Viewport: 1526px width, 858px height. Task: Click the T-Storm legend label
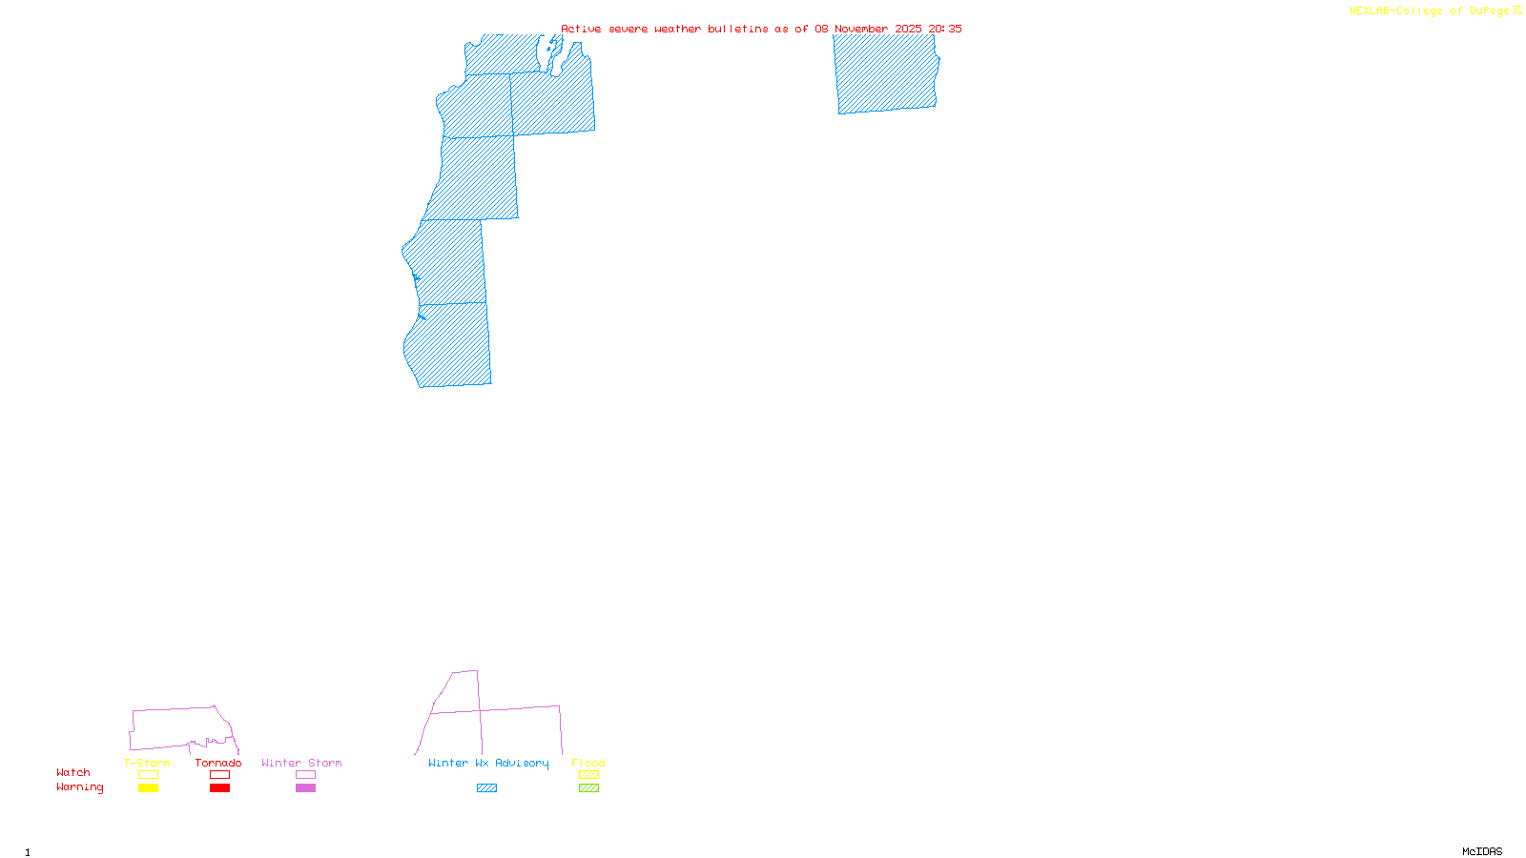(147, 763)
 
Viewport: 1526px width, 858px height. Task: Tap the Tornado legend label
(218, 763)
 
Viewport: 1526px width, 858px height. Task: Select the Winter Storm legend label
(301, 763)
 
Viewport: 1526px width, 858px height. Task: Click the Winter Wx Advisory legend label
(488, 763)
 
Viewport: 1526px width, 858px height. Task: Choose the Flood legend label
(588, 763)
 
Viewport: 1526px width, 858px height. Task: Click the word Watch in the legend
(73, 772)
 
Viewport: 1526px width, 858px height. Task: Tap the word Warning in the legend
(79, 787)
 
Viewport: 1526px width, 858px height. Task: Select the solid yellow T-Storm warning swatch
(148, 788)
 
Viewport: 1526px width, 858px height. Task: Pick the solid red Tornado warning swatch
(219, 788)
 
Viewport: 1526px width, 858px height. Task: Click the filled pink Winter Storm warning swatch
(305, 788)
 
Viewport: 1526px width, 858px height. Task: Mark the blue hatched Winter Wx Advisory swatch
(486, 788)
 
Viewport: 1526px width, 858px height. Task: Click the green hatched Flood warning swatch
(588, 788)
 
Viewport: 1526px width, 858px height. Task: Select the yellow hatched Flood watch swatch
(588, 775)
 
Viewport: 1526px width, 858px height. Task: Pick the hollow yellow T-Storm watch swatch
(148, 775)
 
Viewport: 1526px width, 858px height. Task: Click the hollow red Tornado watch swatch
(219, 775)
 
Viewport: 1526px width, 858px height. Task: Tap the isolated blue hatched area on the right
(885, 73)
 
